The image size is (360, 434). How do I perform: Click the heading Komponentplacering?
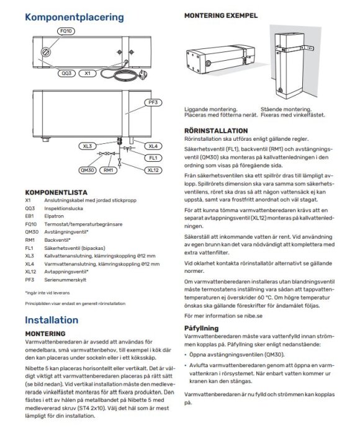tap(74, 18)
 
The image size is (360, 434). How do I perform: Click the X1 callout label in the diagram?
tap(88, 73)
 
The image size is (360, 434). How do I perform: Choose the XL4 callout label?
tap(153, 146)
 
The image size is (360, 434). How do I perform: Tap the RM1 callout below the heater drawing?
tap(108, 169)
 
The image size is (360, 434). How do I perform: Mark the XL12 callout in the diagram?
tap(153, 169)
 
